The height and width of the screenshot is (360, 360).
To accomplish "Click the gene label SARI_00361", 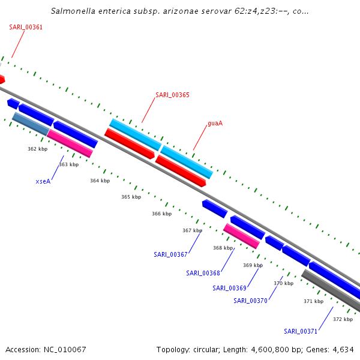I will (26, 27).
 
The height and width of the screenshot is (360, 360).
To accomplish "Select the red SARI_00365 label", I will (172, 95).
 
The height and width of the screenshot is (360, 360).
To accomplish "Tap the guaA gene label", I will (215, 123).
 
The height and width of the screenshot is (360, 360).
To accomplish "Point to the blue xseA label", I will (43, 181).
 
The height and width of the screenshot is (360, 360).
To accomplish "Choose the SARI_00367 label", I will (170, 254).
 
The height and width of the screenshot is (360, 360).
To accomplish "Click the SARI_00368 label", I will (203, 273).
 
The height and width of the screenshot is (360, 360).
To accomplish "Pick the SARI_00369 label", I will (229, 288).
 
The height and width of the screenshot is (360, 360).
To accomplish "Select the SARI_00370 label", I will (250, 301).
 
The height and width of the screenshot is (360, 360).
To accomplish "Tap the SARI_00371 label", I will (301, 331).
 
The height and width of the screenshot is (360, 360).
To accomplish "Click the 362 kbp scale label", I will (37, 149).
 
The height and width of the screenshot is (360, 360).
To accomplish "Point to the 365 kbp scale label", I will (131, 197).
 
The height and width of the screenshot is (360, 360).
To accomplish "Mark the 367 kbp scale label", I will (192, 230).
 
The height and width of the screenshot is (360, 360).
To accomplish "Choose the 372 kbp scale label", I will (343, 319).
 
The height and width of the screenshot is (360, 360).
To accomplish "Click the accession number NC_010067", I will (65, 349).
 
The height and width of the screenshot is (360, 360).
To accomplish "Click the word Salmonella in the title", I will (73, 11).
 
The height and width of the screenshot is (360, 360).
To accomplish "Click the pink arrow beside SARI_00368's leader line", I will (241, 236).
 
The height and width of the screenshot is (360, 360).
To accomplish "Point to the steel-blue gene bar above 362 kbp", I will (31, 124).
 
